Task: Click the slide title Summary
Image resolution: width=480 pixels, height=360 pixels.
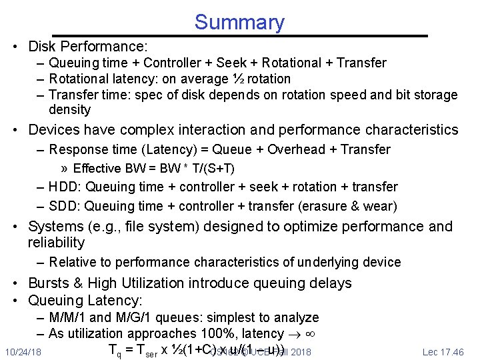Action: [x=239, y=22]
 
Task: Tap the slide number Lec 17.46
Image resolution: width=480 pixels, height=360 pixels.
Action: [x=443, y=351]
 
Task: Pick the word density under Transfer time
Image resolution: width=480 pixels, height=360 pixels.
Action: [x=69, y=109]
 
